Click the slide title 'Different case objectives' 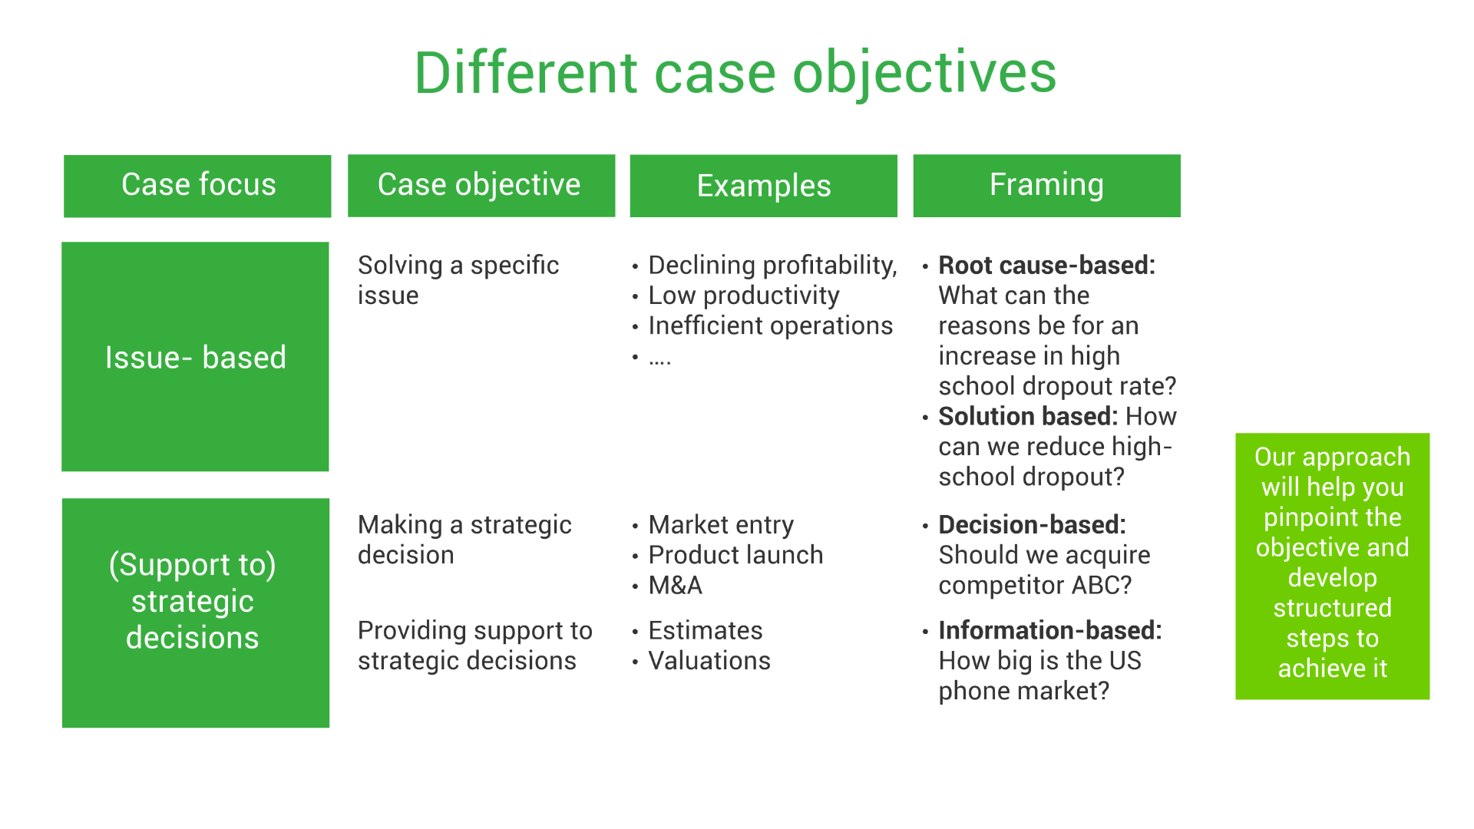[x=735, y=73]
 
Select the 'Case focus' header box [x=197, y=186]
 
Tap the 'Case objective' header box [x=481, y=186]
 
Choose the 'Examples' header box [x=763, y=186]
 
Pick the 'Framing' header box [x=1046, y=186]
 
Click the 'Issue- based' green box [x=195, y=357]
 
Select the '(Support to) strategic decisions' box [x=195, y=613]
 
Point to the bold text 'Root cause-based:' [x=1046, y=266]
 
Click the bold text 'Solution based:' [x=1027, y=417]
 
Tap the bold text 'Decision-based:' [x=1032, y=525]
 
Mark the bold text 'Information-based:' [x=1049, y=631]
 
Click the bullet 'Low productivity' [x=743, y=296]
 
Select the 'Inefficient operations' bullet [x=770, y=326]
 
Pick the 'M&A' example [x=675, y=586]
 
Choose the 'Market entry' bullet [x=720, y=525]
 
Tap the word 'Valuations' [x=709, y=661]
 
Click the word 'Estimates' [x=705, y=631]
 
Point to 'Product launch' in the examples [x=735, y=555]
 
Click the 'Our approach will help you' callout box [x=1332, y=566]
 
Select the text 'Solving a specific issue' [x=458, y=280]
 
